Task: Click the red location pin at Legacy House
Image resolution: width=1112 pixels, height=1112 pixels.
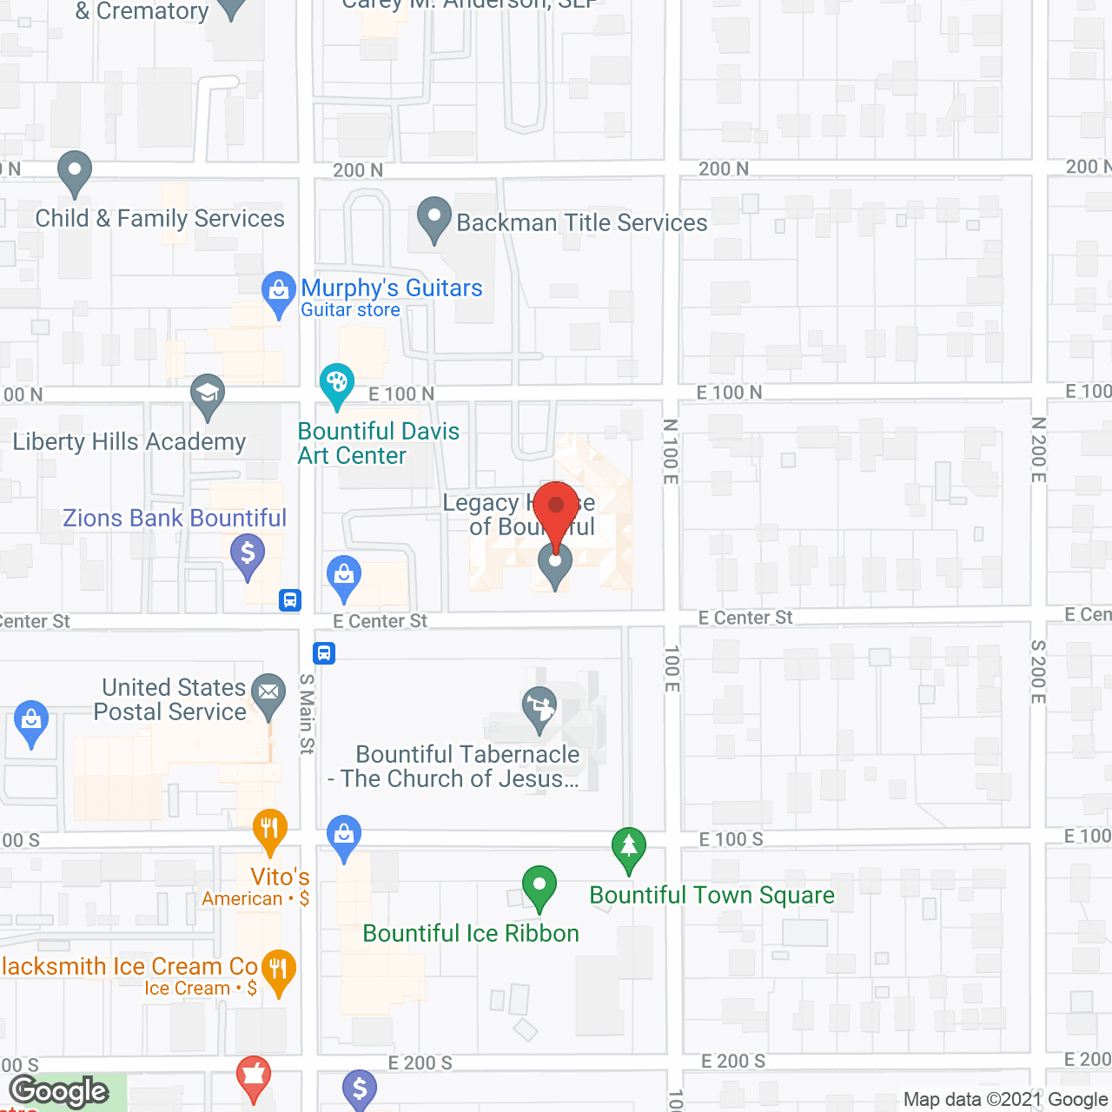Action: click(556, 509)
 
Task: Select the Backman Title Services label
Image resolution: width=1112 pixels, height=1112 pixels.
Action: click(582, 223)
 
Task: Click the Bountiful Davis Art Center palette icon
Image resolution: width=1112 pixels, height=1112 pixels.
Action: click(337, 382)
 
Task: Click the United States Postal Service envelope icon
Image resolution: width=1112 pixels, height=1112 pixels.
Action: click(268, 693)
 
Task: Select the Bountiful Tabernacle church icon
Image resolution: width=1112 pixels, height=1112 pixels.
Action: click(539, 707)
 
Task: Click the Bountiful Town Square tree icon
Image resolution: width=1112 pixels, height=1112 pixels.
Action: click(628, 846)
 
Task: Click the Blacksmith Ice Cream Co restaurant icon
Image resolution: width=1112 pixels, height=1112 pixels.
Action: click(278, 968)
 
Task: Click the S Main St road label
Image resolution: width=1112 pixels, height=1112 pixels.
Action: click(307, 714)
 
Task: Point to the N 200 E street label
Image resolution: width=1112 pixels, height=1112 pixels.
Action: click(1038, 450)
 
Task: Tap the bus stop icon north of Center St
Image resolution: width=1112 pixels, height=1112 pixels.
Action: click(290, 600)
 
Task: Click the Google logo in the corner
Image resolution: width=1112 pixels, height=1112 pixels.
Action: click(59, 1091)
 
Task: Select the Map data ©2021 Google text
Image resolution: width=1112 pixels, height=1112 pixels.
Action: click(1005, 1100)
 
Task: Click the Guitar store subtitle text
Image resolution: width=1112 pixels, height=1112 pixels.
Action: click(350, 310)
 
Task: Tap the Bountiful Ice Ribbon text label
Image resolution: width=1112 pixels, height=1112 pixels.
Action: click(471, 934)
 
